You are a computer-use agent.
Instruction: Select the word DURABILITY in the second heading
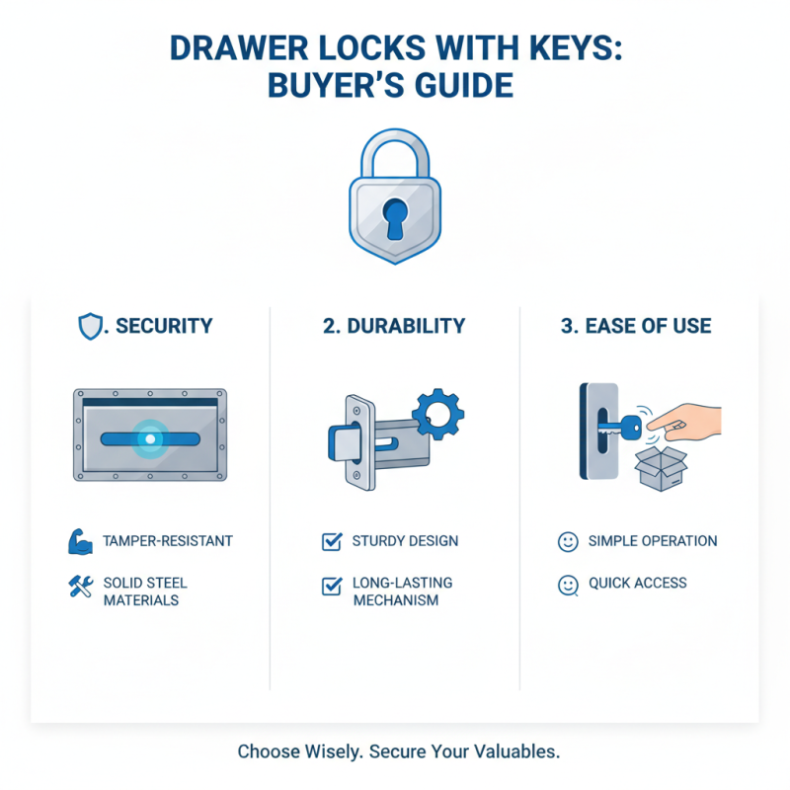pos(406,326)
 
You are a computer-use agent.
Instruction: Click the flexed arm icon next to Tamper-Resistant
pos(82,541)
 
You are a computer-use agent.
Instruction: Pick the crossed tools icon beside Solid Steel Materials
pos(82,587)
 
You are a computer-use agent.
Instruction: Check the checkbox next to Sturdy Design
pos(332,541)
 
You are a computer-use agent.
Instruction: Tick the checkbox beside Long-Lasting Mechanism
pos(332,587)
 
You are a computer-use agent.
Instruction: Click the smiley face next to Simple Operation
pos(567,541)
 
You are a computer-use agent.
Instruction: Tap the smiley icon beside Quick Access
pos(567,585)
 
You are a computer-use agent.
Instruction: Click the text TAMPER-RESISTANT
pos(168,541)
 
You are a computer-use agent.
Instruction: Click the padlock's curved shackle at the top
pos(396,148)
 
